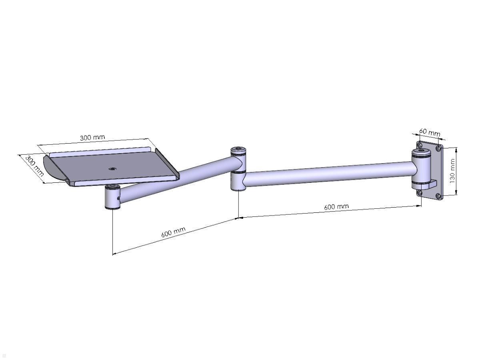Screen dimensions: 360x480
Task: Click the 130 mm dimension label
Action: [452, 171]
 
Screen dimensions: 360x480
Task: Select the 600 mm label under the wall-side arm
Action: [336, 207]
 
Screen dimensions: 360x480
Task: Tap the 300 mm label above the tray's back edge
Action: [92, 137]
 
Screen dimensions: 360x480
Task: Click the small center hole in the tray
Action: [112, 169]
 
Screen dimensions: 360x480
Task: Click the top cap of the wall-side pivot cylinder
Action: [422, 152]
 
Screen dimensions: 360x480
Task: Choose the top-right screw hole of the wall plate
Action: [439, 148]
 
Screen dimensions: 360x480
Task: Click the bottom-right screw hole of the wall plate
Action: [438, 196]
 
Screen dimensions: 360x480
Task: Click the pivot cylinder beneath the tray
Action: [112, 198]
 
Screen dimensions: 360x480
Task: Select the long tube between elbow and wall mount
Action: [328, 173]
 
